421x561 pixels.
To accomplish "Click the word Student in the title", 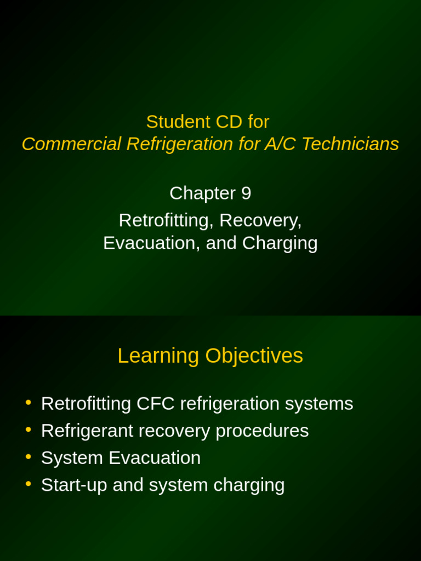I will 172,122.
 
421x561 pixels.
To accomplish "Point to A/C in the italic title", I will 280,144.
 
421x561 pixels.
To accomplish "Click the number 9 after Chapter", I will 246,193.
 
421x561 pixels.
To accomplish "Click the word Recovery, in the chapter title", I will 260,220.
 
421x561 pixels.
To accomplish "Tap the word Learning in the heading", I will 158,356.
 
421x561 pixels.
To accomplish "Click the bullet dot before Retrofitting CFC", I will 29,403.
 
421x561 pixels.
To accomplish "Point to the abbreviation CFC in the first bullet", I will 155,404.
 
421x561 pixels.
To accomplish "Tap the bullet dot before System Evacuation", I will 29,456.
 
